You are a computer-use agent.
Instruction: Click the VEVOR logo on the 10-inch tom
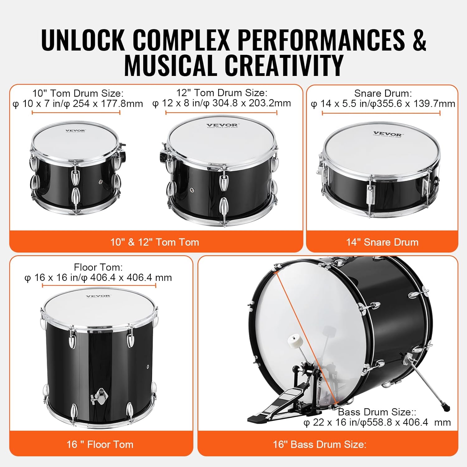[75, 131]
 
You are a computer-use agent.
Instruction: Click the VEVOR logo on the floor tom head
[98, 296]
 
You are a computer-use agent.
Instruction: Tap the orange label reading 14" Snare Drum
[382, 242]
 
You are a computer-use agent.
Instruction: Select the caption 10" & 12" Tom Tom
[154, 242]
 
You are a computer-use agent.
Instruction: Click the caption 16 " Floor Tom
[100, 444]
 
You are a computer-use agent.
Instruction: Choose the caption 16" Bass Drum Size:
[319, 444]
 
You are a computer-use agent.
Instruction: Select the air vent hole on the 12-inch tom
[192, 190]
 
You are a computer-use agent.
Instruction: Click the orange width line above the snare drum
[381, 113]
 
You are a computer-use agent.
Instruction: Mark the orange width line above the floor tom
[99, 285]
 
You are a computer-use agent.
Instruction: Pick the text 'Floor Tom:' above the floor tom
[98, 267]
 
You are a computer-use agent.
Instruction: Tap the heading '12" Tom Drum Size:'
[222, 93]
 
